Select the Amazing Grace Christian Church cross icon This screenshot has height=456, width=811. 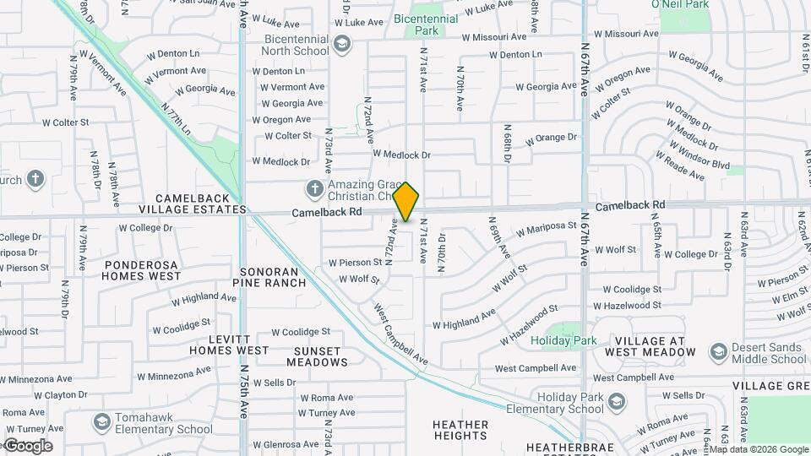315,188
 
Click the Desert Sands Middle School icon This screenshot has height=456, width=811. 719,351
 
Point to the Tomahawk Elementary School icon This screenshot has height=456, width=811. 102,421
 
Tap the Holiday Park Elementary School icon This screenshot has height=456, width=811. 618,400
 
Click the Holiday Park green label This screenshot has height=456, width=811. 563,340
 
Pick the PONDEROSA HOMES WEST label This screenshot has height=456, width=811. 143,270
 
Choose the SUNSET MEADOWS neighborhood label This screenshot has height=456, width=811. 317,356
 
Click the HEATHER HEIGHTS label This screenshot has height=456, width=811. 460,430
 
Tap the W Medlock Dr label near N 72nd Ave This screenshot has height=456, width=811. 401,155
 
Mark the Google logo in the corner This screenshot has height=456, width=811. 28,446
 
